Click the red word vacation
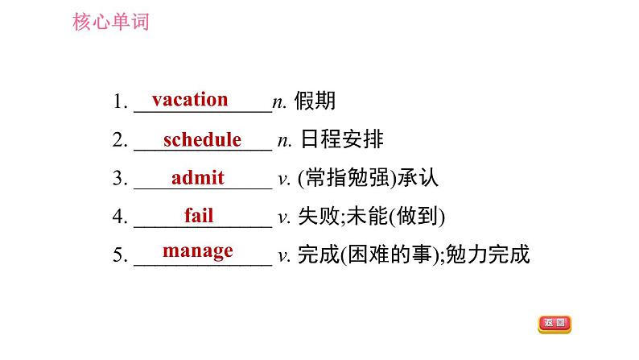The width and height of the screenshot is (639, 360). (190, 100)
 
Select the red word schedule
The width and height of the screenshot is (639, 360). (202, 139)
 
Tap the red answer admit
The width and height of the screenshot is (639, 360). (198, 178)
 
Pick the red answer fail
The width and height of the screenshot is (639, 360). (199, 215)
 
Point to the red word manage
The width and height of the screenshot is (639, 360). (198, 250)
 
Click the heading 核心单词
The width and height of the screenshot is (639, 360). (111, 22)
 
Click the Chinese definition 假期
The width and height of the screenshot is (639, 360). (315, 101)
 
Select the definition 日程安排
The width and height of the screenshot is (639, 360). (342, 140)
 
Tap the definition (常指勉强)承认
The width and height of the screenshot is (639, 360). (368, 179)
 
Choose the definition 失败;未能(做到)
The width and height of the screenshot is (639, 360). (371, 217)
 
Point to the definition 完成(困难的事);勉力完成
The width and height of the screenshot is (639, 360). (413, 256)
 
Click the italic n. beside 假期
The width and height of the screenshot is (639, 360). (280, 102)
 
